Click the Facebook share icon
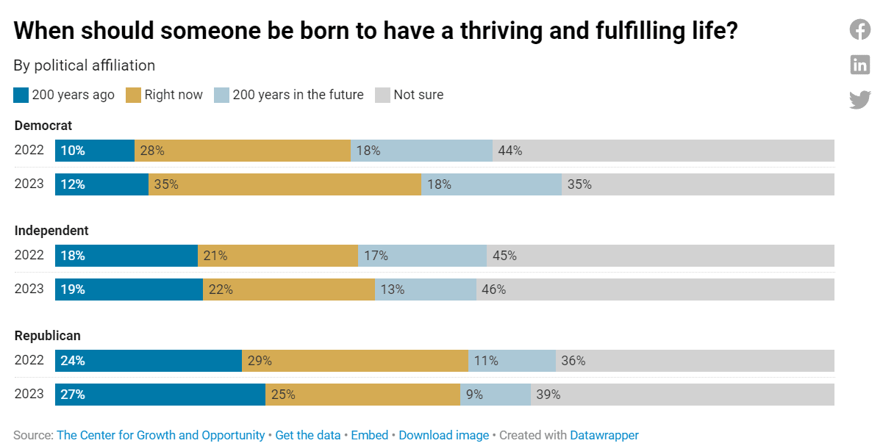(x=860, y=29)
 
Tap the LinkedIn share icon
(x=860, y=65)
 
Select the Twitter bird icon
(x=860, y=100)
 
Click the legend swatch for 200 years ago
(x=21, y=95)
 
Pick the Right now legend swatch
(x=134, y=95)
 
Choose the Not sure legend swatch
(x=382, y=95)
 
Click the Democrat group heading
(x=43, y=126)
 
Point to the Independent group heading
(x=51, y=231)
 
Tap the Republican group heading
(x=48, y=336)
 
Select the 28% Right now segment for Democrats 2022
(x=243, y=151)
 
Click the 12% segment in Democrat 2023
(x=101, y=184)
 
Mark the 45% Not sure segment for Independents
(x=660, y=256)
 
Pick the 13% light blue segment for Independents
(x=426, y=289)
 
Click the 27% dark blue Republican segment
(x=160, y=395)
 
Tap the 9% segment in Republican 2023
(x=496, y=395)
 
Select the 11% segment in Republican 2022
(x=512, y=361)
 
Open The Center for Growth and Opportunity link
(x=160, y=435)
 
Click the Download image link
(x=443, y=435)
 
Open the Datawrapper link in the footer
(x=604, y=435)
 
